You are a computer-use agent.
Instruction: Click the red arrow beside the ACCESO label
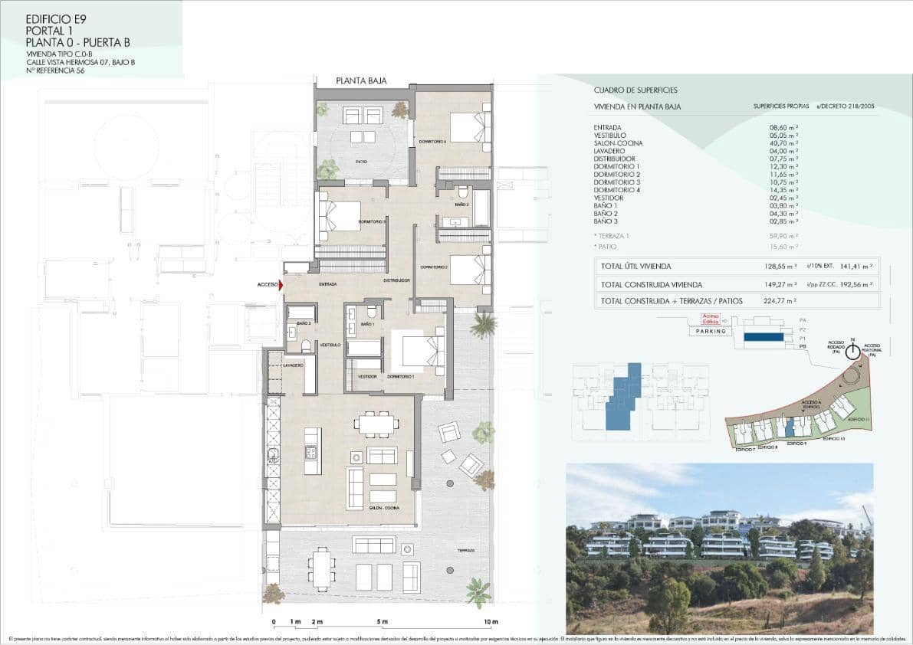(281, 285)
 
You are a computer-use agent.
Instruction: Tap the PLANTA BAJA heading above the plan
(361, 80)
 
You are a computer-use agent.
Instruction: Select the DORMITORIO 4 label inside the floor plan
(432, 141)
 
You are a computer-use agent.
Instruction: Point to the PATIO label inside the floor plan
(360, 162)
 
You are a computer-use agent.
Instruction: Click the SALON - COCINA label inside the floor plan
(384, 509)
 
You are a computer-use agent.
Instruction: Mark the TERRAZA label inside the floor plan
(466, 551)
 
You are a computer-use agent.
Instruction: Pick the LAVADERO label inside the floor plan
(293, 365)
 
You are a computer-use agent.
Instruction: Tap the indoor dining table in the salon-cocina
(376, 424)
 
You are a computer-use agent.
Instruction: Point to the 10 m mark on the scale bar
(491, 621)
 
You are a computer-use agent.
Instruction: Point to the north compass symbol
(852, 352)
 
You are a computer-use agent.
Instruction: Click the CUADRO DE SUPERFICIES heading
(635, 90)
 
